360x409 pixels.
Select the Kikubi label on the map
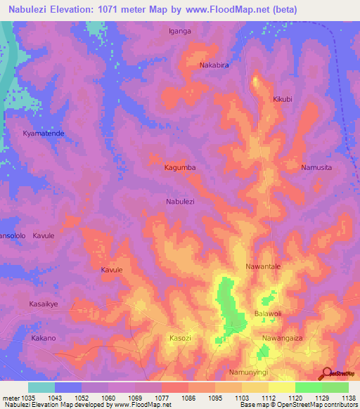[282, 100]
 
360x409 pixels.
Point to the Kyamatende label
[43, 133]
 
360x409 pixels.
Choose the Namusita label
[316, 167]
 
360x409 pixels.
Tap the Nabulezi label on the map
[180, 201]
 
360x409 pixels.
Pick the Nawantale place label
[263, 267]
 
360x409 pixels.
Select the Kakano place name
[44, 338]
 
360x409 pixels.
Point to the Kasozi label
[181, 338]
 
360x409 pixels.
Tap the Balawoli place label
[267, 313]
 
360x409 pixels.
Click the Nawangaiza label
[281, 338]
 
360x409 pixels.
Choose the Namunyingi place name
[250, 371]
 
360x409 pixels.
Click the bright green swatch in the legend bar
[308, 387]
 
